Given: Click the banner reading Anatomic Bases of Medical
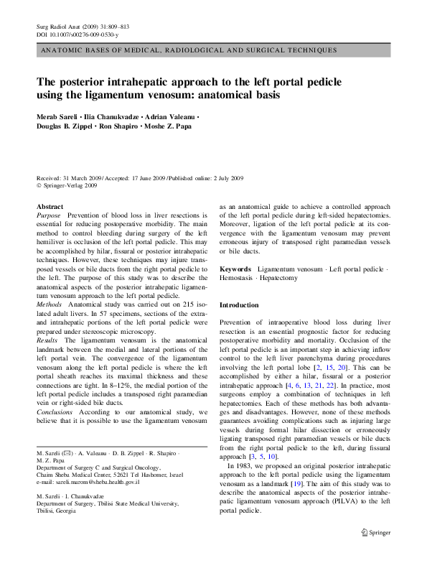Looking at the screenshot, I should click(189, 51).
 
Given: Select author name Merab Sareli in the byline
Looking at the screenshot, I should click(58, 116).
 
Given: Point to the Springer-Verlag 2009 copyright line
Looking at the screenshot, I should click(67, 185).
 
